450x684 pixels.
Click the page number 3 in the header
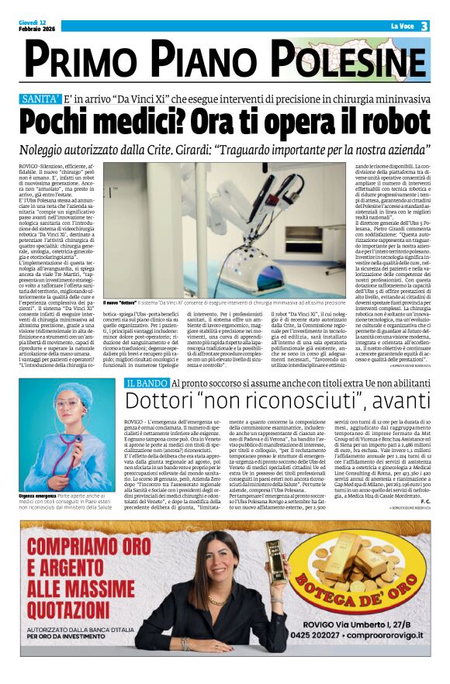(x=424, y=26)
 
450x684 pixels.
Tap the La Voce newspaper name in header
(x=402, y=26)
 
